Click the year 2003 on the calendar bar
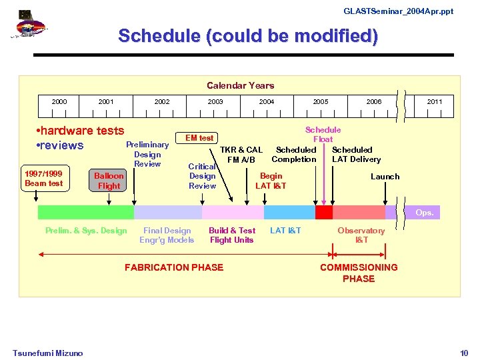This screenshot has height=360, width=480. (215, 102)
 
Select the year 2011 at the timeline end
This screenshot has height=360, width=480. (434, 102)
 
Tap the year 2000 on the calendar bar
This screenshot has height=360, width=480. (59, 102)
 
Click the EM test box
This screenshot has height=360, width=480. (199, 138)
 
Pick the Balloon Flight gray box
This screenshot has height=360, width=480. (109, 181)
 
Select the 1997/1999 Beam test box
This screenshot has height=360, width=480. (43, 179)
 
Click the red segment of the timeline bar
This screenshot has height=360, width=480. (324, 212)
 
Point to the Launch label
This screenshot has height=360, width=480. (385, 177)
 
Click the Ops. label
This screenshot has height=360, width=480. (425, 213)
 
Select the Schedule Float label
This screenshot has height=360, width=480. (323, 135)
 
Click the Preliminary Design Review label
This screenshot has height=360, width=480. (147, 154)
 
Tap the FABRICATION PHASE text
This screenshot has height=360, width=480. (174, 267)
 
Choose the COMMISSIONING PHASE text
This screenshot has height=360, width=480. (359, 273)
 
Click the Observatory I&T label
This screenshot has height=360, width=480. (361, 235)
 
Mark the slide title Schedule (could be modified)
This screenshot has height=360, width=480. (248, 36)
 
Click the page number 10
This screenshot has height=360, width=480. (464, 353)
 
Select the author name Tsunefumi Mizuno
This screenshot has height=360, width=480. (47, 353)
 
